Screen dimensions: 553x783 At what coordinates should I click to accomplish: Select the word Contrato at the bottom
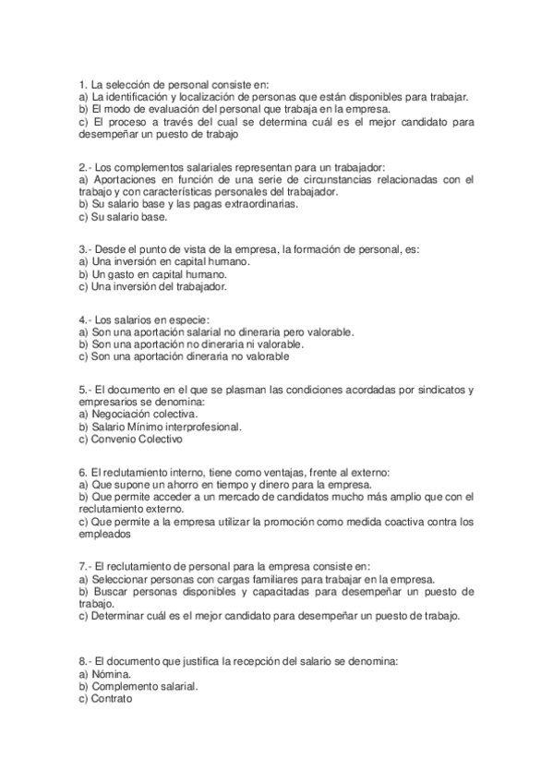pyautogui.click(x=113, y=700)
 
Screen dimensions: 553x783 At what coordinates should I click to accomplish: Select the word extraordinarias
pyautogui.click(x=255, y=204)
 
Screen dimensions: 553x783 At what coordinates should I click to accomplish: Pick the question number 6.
pyautogui.click(x=82, y=473)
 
